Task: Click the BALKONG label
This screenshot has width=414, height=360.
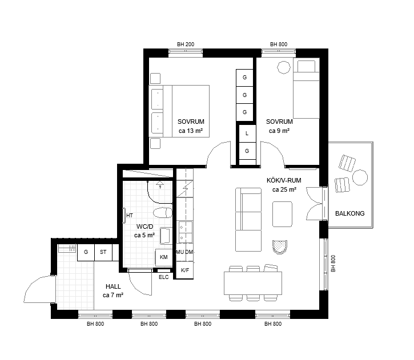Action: click(x=350, y=213)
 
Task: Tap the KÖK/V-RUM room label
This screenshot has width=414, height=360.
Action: click(x=284, y=180)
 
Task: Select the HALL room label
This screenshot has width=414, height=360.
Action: click(x=113, y=286)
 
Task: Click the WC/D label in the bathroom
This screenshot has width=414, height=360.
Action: click(x=144, y=226)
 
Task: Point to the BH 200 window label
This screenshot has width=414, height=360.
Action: click(x=186, y=45)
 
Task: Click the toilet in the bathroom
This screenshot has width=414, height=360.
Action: click(x=163, y=213)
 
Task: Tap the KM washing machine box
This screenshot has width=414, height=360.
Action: click(x=164, y=257)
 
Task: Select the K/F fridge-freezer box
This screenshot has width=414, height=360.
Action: click(x=185, y=270)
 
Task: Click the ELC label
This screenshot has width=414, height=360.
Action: click(x=164, y=277)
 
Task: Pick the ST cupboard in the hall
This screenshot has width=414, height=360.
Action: click(x=103, y=252)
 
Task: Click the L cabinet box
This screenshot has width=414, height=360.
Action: click(x=247, y=134)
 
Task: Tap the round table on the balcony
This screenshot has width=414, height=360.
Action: click(x=360, y=177)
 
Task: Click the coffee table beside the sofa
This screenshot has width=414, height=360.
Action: click(x=282, y=214)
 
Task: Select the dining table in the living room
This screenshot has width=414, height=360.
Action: click(x=253, y=283)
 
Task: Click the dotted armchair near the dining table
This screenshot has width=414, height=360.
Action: click(x=280, y=247)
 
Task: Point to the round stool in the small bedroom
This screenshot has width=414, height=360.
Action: click(x=284, y=67)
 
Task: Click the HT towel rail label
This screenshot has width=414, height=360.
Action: click(x=130, y=216)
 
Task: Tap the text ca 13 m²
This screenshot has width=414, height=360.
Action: click(x=191, y=131)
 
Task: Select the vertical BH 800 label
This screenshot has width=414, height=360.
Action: click(x=333, y=264)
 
